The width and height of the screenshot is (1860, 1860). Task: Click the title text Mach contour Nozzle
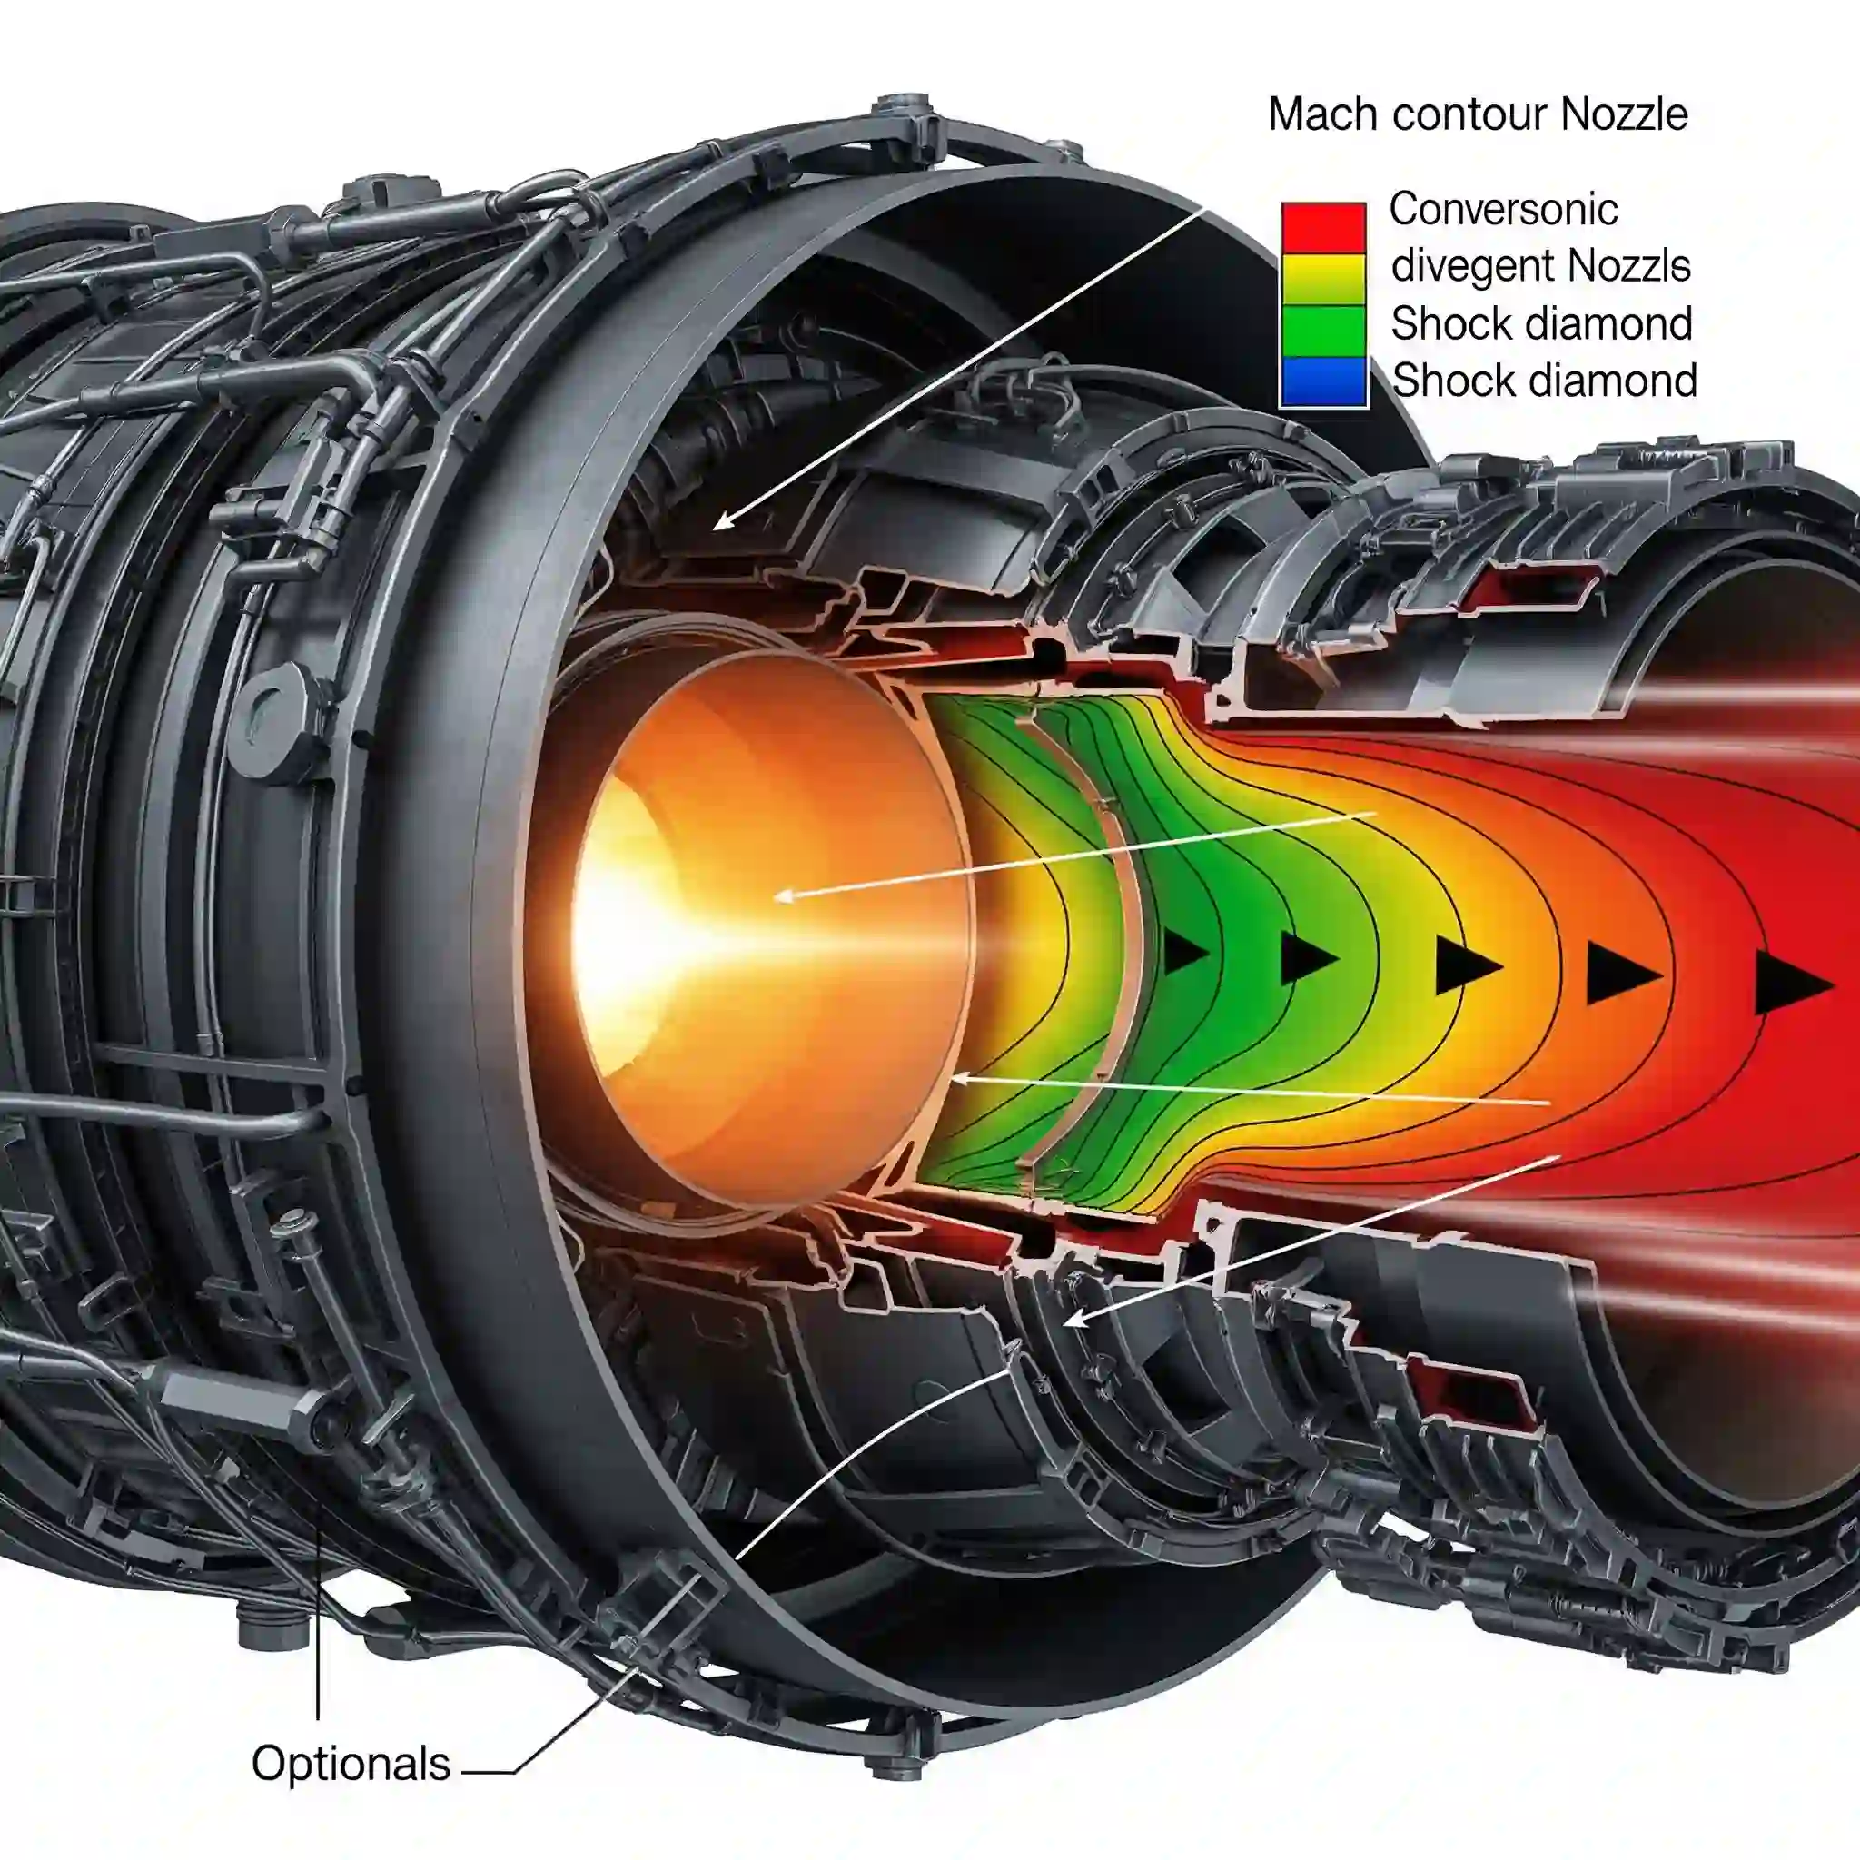(x=1478, y=114)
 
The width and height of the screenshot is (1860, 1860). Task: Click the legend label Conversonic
(x=1503, y=209)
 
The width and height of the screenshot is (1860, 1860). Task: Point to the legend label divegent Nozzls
(x=1540, y=267)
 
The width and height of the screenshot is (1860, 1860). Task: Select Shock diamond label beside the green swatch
(x=1541, y=323)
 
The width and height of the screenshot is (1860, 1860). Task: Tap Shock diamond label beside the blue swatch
(x=1544, y=381)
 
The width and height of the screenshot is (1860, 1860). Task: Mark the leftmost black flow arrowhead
(x=1185, y=952)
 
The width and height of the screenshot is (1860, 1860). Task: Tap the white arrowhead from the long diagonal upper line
(x=722, y=520)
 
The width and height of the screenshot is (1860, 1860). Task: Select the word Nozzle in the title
(x=1624, y=114)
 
